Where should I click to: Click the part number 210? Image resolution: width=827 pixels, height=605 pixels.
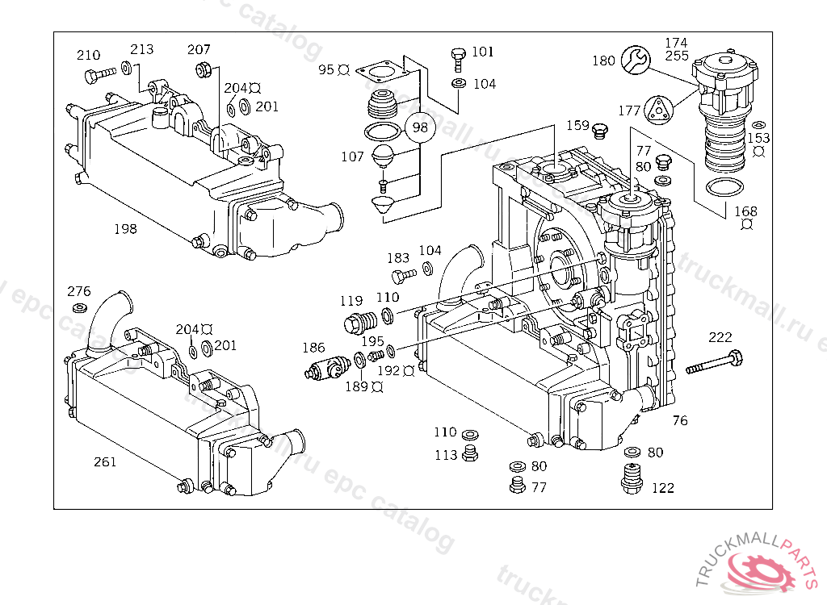point(88,55)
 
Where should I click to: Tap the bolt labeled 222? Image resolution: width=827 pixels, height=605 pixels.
point(716,362)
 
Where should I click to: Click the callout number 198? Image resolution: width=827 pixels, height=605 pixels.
point(125,228)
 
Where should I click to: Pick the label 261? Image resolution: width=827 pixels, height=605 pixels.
point(105,461)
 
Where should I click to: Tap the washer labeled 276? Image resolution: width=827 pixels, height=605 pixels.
point(80,309)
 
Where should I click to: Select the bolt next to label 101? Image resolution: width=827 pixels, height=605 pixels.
point(458,58)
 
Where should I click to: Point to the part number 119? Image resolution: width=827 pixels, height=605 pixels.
point(351,301)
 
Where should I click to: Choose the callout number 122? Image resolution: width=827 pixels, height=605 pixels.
point(662,487)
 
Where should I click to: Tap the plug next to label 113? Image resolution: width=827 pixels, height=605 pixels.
point(468,456)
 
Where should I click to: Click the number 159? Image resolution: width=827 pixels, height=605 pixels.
point(577,125)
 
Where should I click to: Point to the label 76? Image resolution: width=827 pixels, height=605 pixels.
point(680,420)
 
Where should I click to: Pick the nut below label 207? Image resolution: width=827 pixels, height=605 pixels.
point(204,70)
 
